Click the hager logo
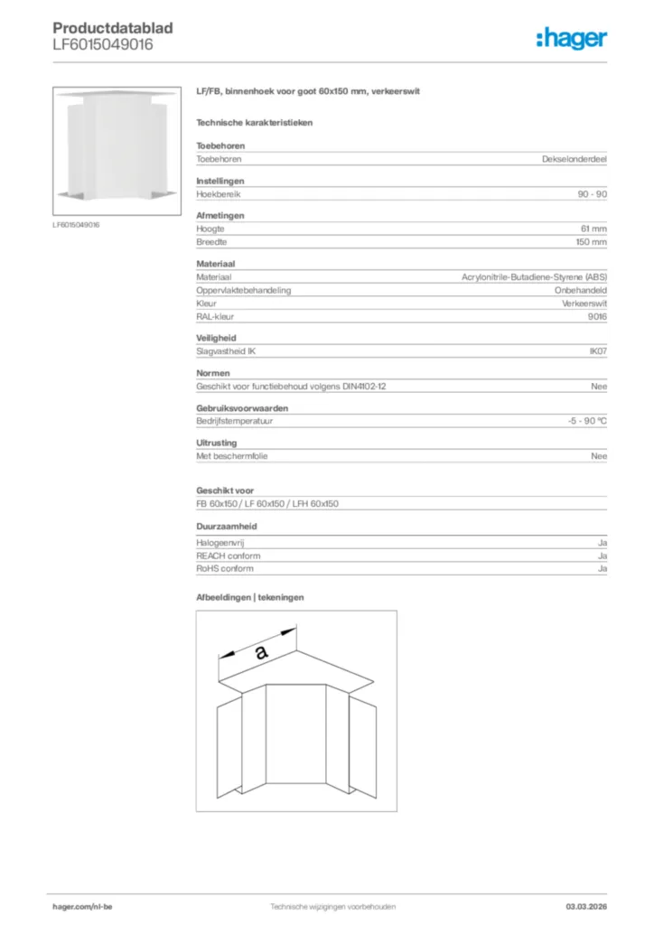point(571,38)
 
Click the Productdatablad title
point(113,29)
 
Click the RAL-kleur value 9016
point(597,316)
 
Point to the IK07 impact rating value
point(598,350)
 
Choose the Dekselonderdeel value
point(575,159)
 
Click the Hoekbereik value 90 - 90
point(593,194)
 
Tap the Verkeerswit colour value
point(584,304)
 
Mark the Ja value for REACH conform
point(603,556)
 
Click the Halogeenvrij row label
point(220,543)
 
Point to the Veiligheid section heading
point(216,338)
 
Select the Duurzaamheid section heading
point(227,525)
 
